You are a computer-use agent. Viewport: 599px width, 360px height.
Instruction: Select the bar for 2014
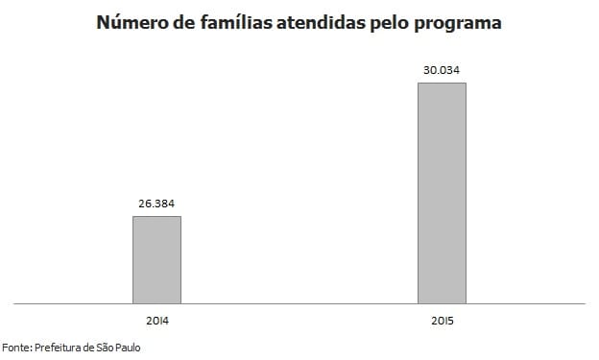click(x=156, y=259)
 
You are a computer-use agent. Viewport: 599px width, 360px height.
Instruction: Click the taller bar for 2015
click(x=442, y=192)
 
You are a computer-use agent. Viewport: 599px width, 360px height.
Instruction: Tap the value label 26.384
click(x=156, y=204)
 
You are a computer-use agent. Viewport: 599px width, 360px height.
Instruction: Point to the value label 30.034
click(x=442, y=69)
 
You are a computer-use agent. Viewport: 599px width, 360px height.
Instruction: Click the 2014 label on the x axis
click(x=156, y=318)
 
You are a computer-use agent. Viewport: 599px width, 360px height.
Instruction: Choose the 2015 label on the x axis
click(x=442, y=318)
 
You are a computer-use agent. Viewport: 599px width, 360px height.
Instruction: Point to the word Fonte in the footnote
click(x=15, y=347)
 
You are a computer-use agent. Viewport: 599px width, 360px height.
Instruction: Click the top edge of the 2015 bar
click(x=442, y=83)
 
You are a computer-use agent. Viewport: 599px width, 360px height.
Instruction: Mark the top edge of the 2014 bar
click(x=156, y=216)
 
